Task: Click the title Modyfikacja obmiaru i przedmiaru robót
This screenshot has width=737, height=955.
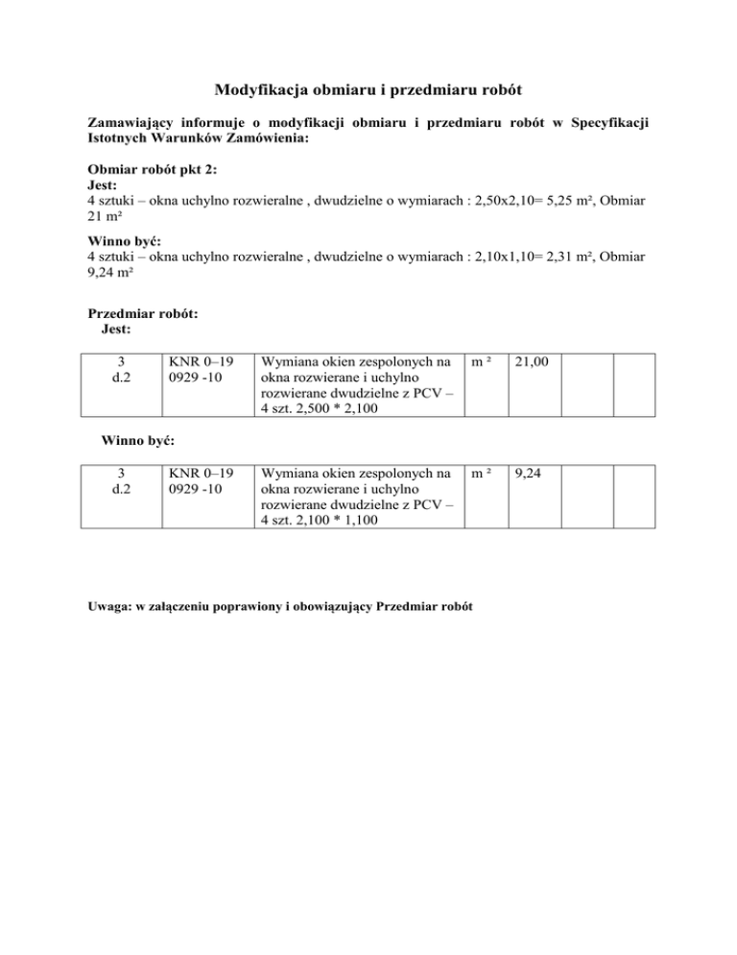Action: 368,92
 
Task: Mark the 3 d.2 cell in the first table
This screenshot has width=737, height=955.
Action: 120,371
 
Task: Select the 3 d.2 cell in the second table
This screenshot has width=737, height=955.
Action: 120,481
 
